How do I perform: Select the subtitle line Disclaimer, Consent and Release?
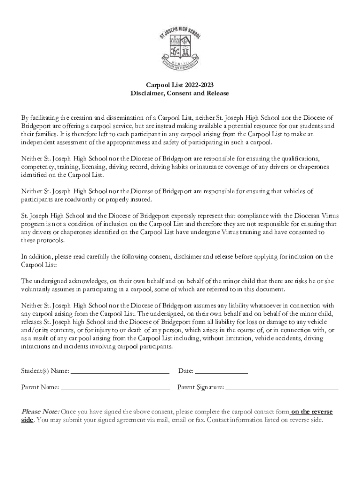180,93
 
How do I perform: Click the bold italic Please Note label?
40,412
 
